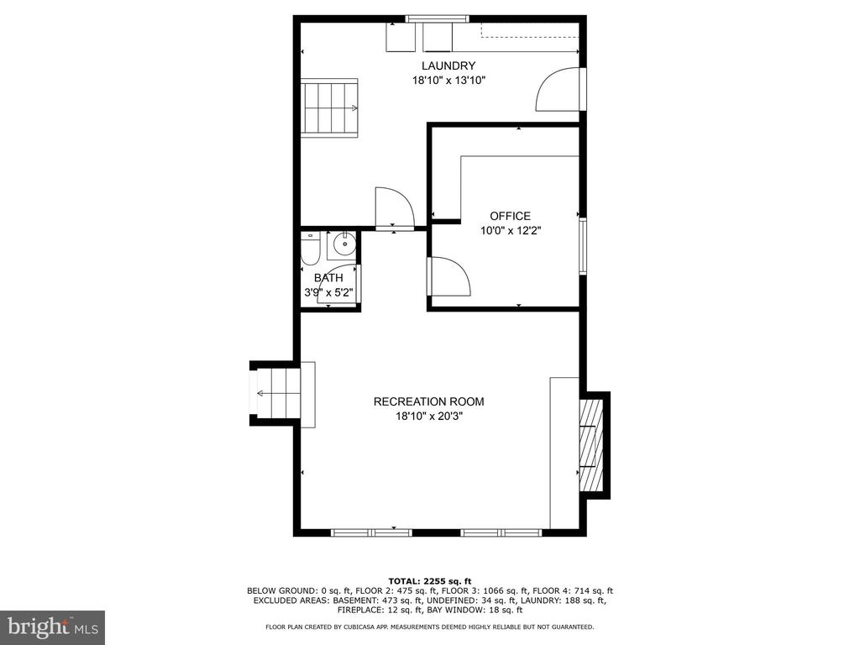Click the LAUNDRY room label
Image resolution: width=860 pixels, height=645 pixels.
448,66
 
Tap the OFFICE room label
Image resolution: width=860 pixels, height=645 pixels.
510,216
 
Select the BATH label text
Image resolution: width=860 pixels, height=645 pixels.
328,278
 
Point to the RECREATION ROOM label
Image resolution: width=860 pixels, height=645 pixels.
429,401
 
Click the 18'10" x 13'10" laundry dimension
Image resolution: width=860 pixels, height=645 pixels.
449,81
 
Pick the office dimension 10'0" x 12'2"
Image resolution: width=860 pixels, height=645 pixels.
511,231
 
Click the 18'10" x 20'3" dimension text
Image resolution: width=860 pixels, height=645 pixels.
429,417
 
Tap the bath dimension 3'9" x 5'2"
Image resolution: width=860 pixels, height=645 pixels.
328,293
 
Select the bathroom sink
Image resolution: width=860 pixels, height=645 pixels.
342,245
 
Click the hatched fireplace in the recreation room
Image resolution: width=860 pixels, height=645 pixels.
591,445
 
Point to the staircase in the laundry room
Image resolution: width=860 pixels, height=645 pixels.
329,108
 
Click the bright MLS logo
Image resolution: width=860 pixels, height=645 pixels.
53,627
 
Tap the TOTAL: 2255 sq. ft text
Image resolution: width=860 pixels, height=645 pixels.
430,581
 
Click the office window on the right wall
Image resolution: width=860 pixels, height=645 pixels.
583,246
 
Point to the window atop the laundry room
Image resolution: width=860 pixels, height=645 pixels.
438,19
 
